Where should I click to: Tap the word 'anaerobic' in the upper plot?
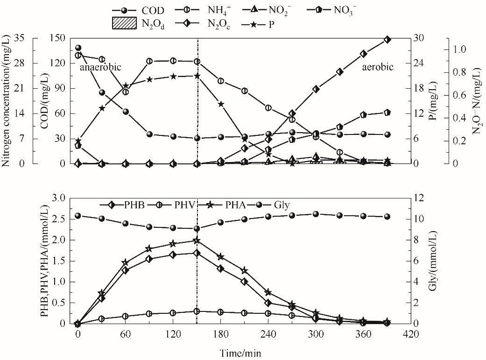100,67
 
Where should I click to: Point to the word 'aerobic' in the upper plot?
378,67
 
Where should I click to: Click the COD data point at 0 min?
78,48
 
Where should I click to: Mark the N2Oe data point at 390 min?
387,40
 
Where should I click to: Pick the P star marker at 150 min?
197,76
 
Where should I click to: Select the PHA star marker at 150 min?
197,240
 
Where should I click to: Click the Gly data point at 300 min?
316,214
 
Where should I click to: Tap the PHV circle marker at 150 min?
197,311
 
